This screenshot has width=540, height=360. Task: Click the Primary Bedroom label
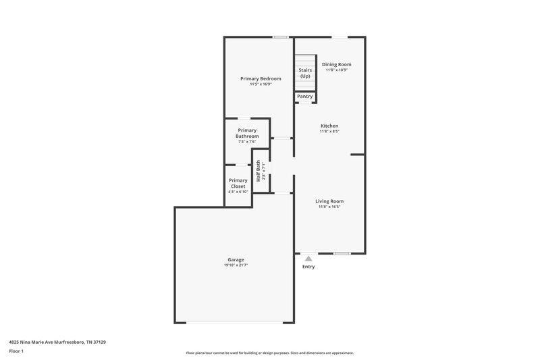[261, 78]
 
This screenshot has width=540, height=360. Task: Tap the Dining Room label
[336, 64]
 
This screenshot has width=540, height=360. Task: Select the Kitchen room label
[329, 126]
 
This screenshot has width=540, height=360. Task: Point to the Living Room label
[329, 201]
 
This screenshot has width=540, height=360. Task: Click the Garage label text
[236, 259]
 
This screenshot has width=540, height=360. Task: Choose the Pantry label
[305, 97]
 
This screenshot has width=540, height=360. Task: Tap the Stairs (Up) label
[305, 73]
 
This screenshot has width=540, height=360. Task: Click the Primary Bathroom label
[247, 133]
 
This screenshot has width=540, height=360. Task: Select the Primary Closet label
[238, 183]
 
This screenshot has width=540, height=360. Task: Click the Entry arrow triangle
[308, 257]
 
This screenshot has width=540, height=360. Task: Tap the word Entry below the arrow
[308, 267]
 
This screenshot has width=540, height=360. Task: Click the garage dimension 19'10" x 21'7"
[236, 265]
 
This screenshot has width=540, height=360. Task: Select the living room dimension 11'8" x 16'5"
[329, 207]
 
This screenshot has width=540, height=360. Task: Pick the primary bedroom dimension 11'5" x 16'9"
[261, 84]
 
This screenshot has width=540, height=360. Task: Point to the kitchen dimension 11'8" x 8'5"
[329, 132]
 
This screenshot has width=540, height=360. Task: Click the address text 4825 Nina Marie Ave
[57, 342]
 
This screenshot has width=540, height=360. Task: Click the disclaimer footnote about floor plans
[270, 353]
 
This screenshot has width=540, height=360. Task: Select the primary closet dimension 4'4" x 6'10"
[238, 192]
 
